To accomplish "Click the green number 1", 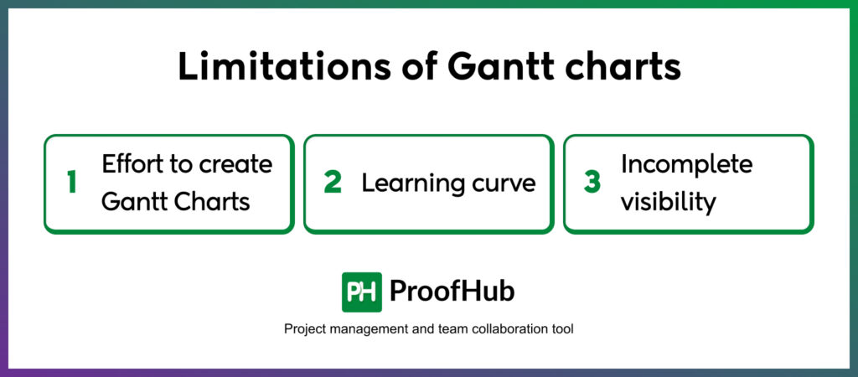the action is coord(72,183).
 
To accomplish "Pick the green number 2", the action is coord(333,183).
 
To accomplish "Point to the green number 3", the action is coord(592,183).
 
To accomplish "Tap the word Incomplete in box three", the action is coord(687,165).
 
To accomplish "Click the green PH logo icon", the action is coord(362,292).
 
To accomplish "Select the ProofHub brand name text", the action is coord(452,292).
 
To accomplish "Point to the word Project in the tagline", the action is coord(302,329).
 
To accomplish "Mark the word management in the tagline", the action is coord(357,329).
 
